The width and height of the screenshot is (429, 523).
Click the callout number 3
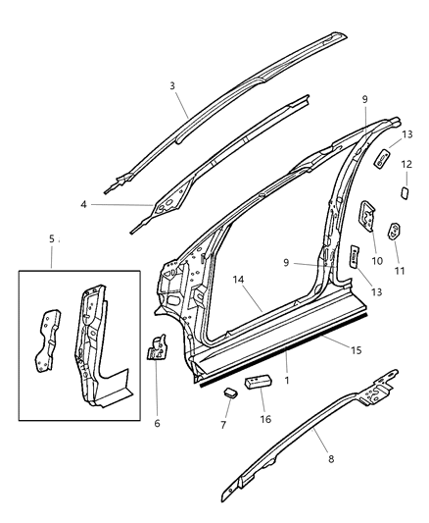[173, 86]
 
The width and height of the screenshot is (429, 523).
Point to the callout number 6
[157, 423]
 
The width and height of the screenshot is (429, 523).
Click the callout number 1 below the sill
[286, 378]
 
